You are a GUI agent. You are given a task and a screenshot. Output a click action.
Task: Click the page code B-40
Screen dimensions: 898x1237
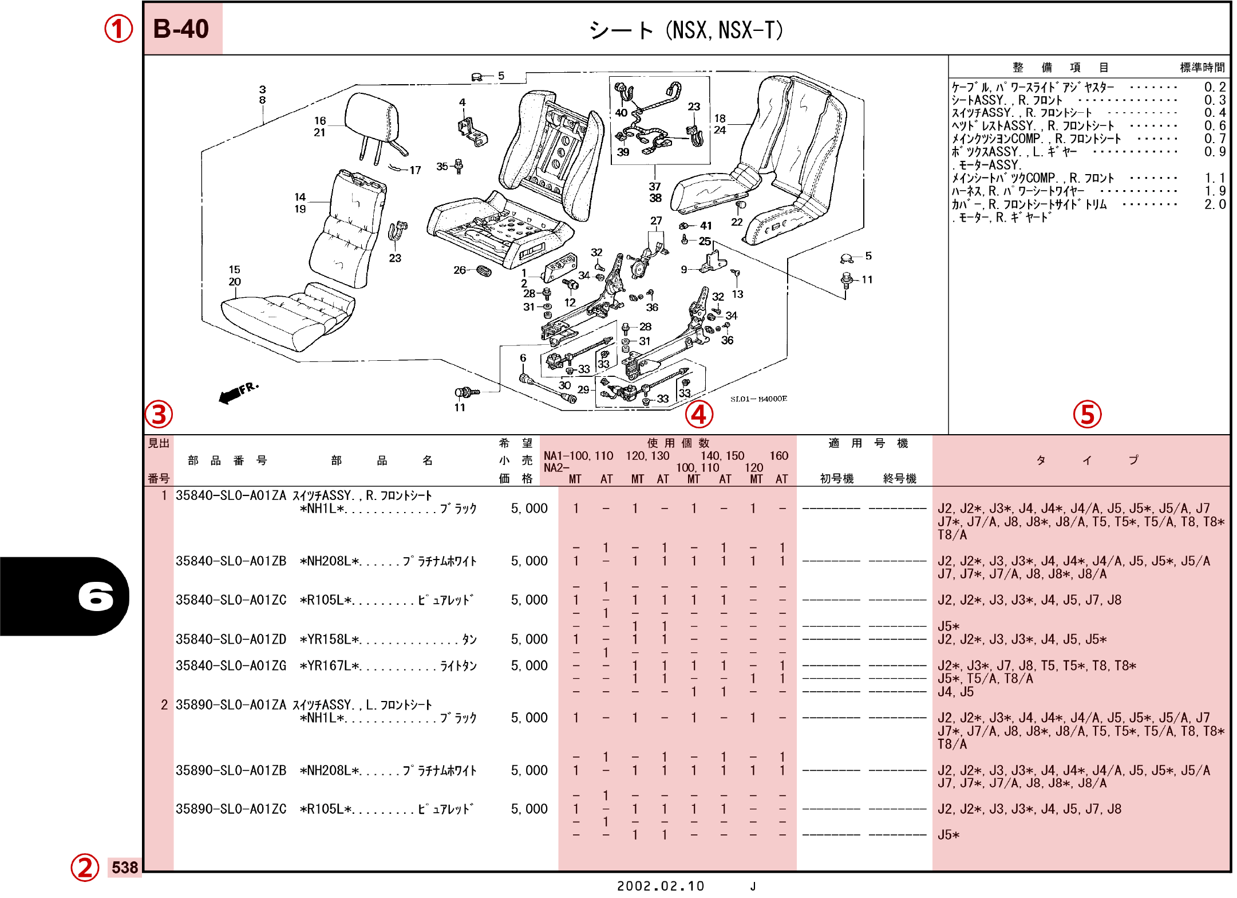point(181,29)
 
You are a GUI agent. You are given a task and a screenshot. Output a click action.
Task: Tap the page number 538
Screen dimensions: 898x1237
point(125,867)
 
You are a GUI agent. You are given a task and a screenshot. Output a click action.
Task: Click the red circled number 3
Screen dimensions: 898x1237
point(159,414)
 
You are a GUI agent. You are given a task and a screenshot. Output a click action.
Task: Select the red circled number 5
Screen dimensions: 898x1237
point(1087,414)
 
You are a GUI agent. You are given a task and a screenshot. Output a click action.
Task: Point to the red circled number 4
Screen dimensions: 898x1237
point(699,414)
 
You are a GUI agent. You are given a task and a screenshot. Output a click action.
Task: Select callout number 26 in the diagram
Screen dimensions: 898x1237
point(459,270)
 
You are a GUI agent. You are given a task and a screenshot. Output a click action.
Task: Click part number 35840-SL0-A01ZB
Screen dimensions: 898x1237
point(231,561)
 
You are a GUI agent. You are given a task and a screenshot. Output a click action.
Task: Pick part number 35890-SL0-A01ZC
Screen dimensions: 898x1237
point(231,809)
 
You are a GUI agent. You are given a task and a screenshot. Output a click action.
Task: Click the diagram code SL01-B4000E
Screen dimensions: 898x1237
point(758,399)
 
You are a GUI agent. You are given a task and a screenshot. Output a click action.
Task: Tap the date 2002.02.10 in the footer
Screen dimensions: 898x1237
point(661,886)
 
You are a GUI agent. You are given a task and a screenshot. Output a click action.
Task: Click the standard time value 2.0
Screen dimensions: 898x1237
point(1214,204)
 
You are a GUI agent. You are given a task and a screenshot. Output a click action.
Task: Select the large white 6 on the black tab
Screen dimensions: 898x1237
point(96,596)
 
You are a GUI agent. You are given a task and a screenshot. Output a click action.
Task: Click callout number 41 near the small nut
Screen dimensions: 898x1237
point(706,226)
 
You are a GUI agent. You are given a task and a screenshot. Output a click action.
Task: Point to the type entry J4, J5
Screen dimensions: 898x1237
point(955,692)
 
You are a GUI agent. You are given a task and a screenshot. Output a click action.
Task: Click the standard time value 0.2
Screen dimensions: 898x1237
point(1214,87)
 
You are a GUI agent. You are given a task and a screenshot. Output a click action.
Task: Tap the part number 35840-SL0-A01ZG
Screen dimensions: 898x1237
point(231,665)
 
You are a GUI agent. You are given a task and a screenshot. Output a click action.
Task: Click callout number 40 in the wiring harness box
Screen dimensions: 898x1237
point(621,113)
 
